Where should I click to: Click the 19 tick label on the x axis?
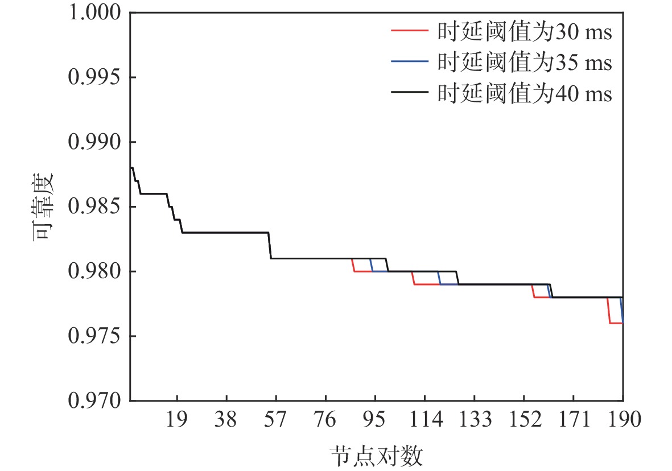[x=177, y=420]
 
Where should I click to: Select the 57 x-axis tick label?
[x=276, y=420]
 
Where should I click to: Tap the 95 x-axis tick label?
[x=375, y=420]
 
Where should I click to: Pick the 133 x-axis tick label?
[x=474, y=420]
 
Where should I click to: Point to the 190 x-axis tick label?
[x=622, y=420]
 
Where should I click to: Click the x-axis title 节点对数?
[x=376, y=456]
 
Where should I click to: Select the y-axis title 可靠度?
[x=43, y=207]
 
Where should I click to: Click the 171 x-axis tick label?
[x=573, y=420]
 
